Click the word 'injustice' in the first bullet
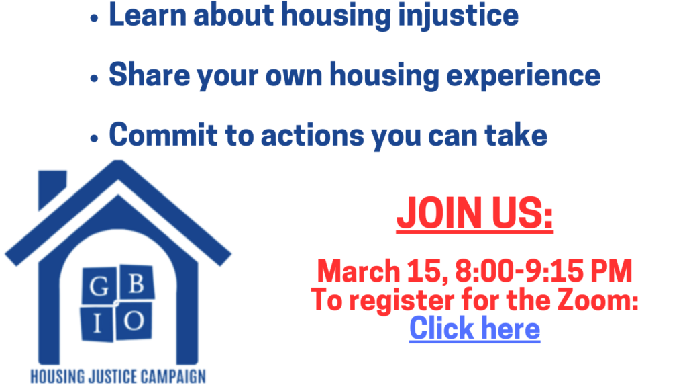pos(458,16)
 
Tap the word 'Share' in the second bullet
pos(149,74)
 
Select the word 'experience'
pos(523,76)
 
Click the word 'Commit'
pos(163,134)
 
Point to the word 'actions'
pos(313,135)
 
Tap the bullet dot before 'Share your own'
pos(94,79)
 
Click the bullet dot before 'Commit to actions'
pos(94,138)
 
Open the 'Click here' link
pos(474,328)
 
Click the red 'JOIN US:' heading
pos(474,213)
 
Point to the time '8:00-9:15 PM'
pos(543,270)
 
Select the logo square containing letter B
pos(136,283)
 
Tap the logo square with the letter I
pos(97,323)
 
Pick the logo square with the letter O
pos(134,320)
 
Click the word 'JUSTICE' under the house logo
pos(113,376)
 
